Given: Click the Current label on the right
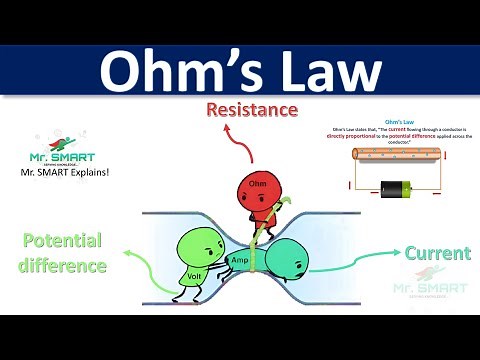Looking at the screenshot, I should click(x=437, y=254).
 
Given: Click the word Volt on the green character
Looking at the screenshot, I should click(x=195, y=275).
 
